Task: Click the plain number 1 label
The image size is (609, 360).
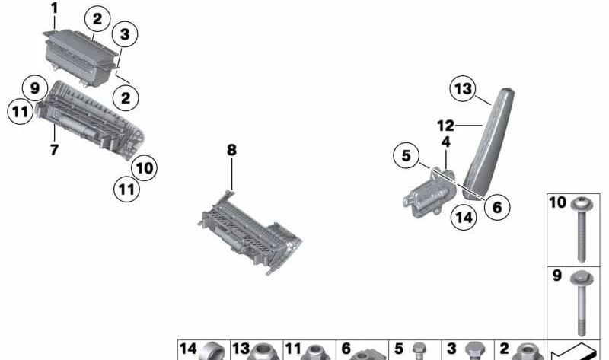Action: click(x=54, y=8)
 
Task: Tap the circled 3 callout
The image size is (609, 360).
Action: click(x=125, y=33)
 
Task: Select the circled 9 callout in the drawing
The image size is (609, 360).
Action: click(x=35, y=88)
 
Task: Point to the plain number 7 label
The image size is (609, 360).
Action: click(x=54, y=149)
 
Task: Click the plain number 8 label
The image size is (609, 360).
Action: click(x=231, y=149)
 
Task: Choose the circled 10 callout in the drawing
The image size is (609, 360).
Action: click(x=145, y=167)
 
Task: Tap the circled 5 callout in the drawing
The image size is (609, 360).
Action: click(x=407, y=155)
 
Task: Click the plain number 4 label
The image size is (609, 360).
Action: click(x=446, y=142)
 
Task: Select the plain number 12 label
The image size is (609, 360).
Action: click(x=445, y=126)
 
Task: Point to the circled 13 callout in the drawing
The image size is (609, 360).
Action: click(x=464, y=88)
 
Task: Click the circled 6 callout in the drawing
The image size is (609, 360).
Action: click(x=498, y=207)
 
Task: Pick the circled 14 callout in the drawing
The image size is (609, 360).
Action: click(x=464, y=217)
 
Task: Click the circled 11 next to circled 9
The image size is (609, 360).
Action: click(x=21, y=112)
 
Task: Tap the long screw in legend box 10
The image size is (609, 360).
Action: click(x=582, y=230)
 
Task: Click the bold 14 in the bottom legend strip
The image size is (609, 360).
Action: click(x=188, y=349)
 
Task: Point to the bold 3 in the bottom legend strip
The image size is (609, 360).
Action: click(x=451, y=349)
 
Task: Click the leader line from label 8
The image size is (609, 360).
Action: click(x=232, y=174)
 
